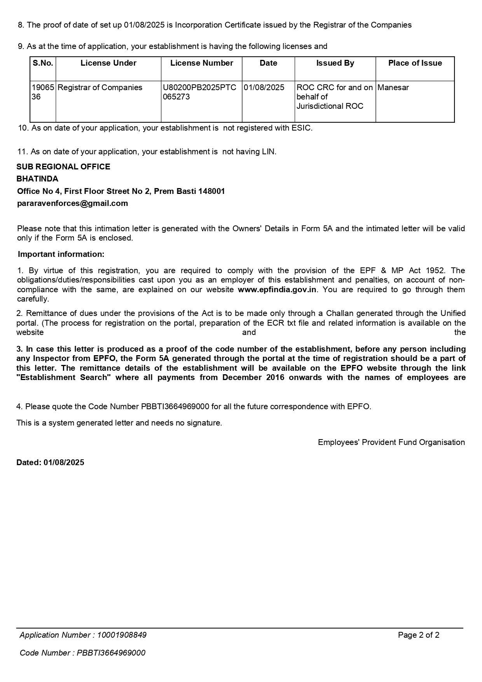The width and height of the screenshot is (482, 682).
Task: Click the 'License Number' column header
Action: coord(201,63)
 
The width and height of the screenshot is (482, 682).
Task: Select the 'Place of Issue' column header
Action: coord(415,63)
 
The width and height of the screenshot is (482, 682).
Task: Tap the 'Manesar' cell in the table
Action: coord(393,87)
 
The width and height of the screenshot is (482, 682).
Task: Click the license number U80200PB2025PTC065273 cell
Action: coord(199,92)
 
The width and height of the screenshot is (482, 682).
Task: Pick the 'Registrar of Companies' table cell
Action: coord(100,87)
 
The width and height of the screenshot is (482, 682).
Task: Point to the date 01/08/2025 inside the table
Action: coord(264,87)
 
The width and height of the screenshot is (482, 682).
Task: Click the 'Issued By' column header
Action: coord(335,63)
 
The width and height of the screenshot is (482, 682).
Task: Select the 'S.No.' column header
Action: coord(43,63)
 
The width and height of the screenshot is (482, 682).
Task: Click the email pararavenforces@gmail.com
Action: coord(73,203)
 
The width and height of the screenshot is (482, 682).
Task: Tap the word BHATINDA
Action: coord(37,179)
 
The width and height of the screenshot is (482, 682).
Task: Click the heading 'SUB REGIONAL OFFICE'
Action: coord(63,167)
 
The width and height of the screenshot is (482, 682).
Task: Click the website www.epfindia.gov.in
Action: coord(277,290)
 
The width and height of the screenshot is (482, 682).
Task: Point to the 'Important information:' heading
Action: coord(61,254)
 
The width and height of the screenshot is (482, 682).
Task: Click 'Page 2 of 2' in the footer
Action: coord(419,635)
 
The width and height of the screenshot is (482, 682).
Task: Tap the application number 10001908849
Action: coord(122,635)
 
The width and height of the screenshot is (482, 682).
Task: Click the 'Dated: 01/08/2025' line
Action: coord(50,462)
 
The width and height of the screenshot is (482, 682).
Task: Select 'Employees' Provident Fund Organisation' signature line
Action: coord(391,442)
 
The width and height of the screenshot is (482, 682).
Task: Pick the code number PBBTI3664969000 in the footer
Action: coord(111,653)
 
